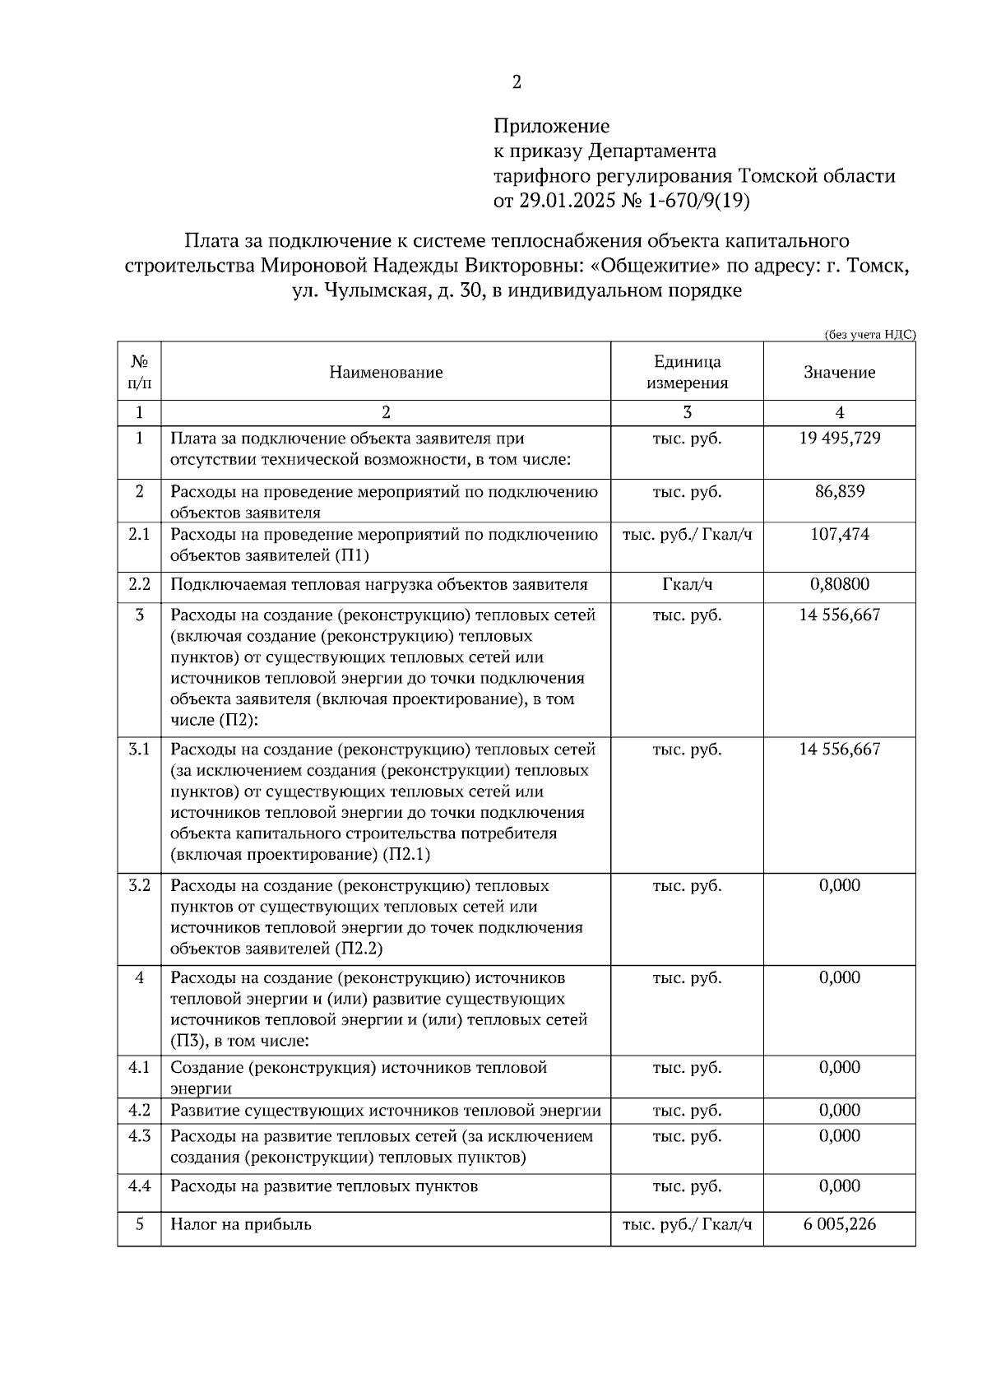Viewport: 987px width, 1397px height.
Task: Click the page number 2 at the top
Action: point(517,82)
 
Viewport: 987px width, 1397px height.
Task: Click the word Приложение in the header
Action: point(551,126)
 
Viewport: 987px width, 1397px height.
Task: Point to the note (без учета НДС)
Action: point(869,334)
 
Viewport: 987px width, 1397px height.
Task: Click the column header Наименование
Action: point(386,373)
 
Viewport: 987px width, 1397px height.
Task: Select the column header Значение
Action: point(839,373)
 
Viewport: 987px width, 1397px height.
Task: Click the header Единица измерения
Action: point(687,373)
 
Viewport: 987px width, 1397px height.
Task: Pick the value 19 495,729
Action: point(839,439)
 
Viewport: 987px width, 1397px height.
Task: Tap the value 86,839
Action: point(839,492)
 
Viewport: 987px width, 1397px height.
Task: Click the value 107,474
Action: point(839,535)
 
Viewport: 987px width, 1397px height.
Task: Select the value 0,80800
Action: point(839,585)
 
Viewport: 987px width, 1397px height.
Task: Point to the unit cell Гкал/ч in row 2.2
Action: point(687,585)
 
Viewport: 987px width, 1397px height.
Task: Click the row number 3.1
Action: point(139,750)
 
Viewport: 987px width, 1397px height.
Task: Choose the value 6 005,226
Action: point(839,1224)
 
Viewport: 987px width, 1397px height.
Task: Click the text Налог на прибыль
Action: point(241,1224)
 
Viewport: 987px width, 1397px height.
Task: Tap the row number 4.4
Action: point(139,1186)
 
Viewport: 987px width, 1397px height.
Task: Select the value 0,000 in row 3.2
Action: point(839,886)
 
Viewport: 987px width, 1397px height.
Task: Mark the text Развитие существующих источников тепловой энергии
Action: point(386,1111)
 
